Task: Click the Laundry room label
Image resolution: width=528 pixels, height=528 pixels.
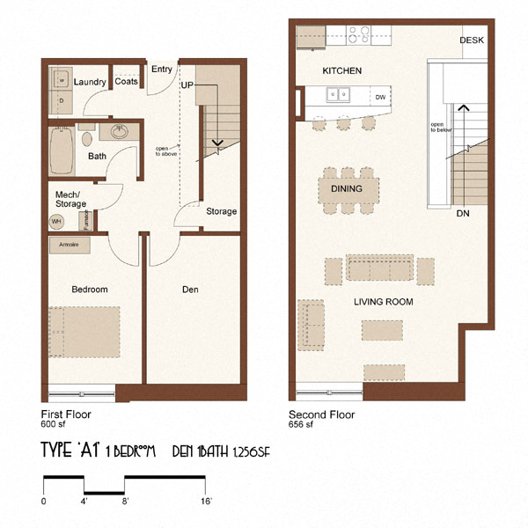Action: click(x=91, y=82)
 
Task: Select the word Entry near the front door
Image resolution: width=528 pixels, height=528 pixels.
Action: click(x=162, y=69)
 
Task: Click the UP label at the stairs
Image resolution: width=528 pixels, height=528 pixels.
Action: click(x=187, y=84)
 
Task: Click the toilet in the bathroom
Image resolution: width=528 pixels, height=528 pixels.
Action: click(x=87, y=138)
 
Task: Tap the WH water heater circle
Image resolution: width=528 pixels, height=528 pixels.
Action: click(x=56, y=221)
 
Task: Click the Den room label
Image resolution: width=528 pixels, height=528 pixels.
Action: click(x=190, y=290)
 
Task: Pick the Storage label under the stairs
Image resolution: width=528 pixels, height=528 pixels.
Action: click(x=221, y=211)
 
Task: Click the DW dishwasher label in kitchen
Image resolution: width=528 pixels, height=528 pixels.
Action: click(x=380, y=97)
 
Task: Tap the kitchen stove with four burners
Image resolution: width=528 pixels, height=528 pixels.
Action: click(x=358, y=34)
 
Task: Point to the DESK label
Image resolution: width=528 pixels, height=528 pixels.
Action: click(x=473, y=41)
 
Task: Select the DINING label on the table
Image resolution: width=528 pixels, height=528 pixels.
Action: click(x=347, y=189)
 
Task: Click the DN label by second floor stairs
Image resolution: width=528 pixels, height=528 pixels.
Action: click(x=463, y=214)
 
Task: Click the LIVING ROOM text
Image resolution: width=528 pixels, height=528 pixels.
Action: click(x=383, y=302)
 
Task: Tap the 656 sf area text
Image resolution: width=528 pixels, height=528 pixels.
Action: click(x=300, y=423)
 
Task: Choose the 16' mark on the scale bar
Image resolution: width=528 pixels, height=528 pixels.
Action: click(x=206, y=501)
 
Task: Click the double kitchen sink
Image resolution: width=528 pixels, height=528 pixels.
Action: click(x=338, y=95)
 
